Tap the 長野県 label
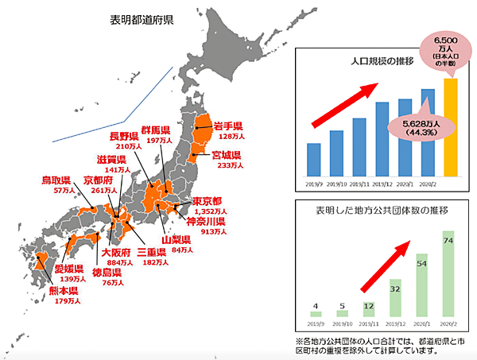click(126, 135)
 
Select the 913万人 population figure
click(215, 232)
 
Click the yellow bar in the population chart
click(450, 126)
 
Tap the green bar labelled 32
click(395, 298)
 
